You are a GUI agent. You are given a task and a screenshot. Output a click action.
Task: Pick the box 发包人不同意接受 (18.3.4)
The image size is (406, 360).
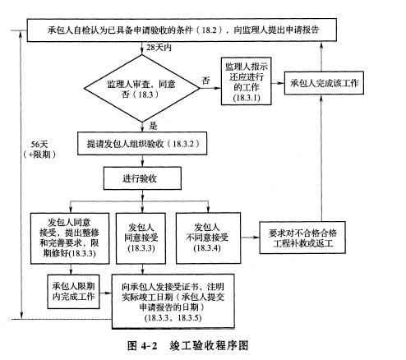tap(211, 235)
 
